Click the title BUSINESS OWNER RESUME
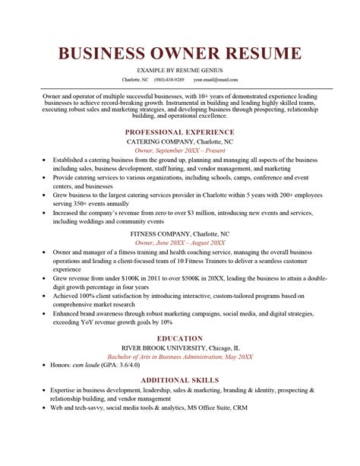[x=180, y=54]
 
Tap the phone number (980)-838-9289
[x=169, y=79]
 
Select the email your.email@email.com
[x=215, y=79]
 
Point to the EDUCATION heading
[x=180, y=338]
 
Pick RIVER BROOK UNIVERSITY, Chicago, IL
[x=180, y=347]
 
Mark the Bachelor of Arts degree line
[x=180, y=357]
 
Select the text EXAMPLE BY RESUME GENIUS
[x=180, y=69]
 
